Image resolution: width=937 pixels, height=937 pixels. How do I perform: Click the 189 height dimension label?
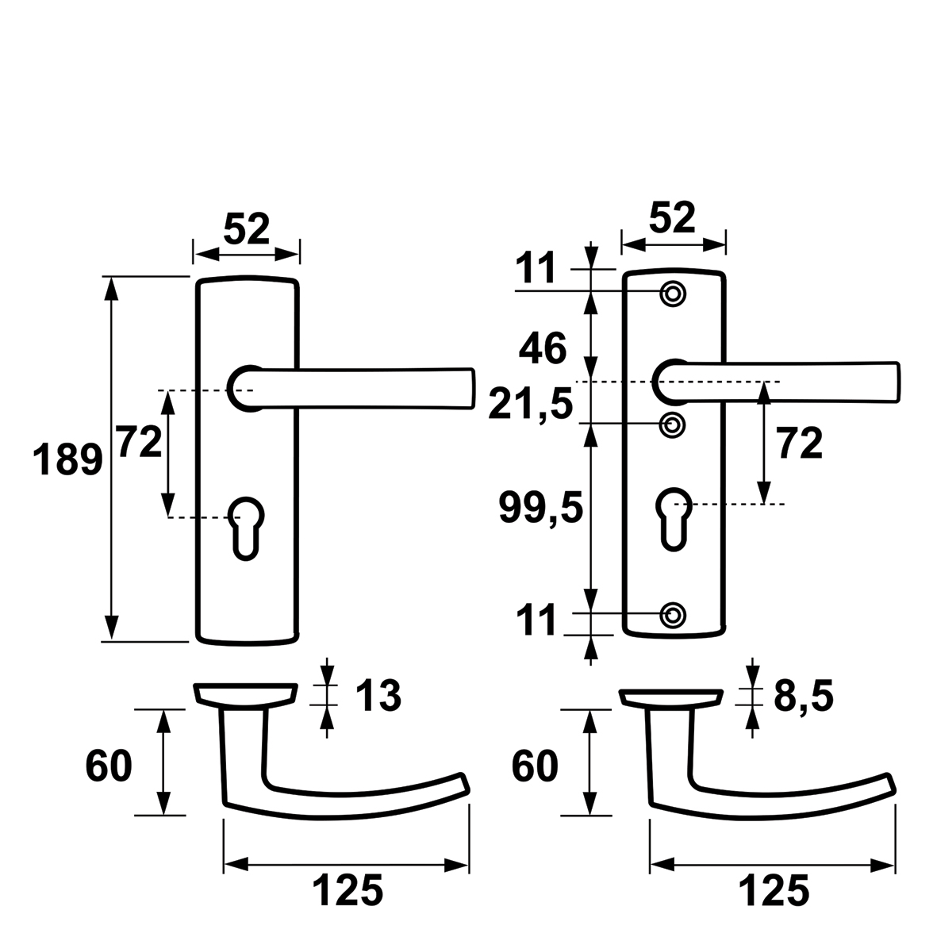pyautogui.click(x=67, y=459)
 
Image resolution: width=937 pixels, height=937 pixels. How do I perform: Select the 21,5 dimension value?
pyautogui.click(x=531, y=405)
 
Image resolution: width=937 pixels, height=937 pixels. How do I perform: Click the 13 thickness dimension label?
pyautogui.click(x=378, y=696)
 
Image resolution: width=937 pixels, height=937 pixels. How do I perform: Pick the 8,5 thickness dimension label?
pyautogui.click(x=803, y=697)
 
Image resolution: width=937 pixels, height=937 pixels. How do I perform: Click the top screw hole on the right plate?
pyautogui.click(x=673, y=294)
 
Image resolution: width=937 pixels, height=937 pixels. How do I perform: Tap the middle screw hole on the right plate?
pyautogui.click(x=673, y=425)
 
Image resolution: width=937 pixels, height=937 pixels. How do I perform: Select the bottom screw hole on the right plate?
pyautogui.click(x=673, y=615)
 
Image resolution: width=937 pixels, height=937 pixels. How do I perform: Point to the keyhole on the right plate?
pyautogui.click(x=674, y=518)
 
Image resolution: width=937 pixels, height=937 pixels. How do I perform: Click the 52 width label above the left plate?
pyautogui.click(x=247, y=228)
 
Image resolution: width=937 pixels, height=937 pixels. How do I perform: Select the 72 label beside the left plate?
pyautogui.click(x=140, y=442)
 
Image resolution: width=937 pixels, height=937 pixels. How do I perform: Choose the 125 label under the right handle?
pyautogui.click(x=774, y=890)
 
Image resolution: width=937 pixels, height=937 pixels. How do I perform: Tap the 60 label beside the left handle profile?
pyautogui.click(x=109, y=766)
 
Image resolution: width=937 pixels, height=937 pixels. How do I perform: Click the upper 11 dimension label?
pyautogui.click(x=536, y=268)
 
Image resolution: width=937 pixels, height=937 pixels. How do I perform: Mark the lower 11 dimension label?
pyautogui.click(x=536, y=620)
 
